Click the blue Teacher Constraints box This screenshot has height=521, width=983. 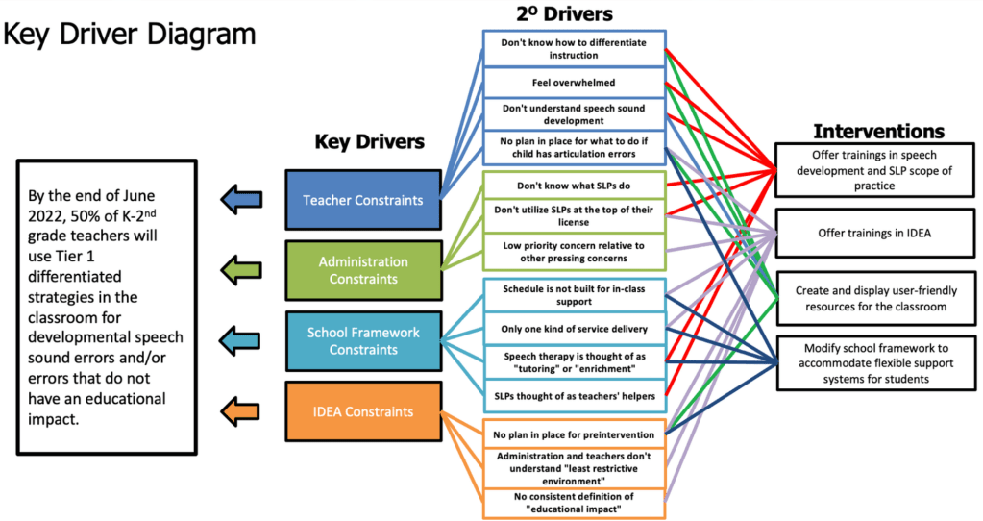pyautogui.click(x=363, y=200)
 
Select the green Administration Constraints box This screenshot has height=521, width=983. pyautogui.click(x=363, y=270)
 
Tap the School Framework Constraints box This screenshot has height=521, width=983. pyautogui.click(x=363, y=340)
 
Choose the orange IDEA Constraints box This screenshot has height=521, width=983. pyautogui.click(x=363, y=411)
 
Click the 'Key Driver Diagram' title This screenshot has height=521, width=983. pyautogui.click(x=131, y=35)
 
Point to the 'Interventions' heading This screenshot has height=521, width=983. pyautogui.click(x=878, y=131)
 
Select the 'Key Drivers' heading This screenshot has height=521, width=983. pyautogui.click(x=369, y=142)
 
